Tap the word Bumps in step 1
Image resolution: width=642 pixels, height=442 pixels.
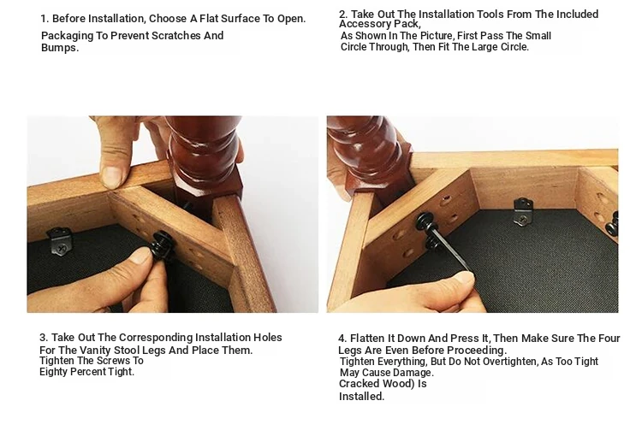[x=58, y=48]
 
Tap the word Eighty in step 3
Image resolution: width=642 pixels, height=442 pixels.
[x=52, y=372]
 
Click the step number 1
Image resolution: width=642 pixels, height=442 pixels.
[x=45, y=19]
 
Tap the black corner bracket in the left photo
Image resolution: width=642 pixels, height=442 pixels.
[x=60, y=241]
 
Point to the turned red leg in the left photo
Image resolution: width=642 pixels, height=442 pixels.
[x=204, y=160]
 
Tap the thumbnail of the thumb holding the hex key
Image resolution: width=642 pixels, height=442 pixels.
[x=465, y=279]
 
